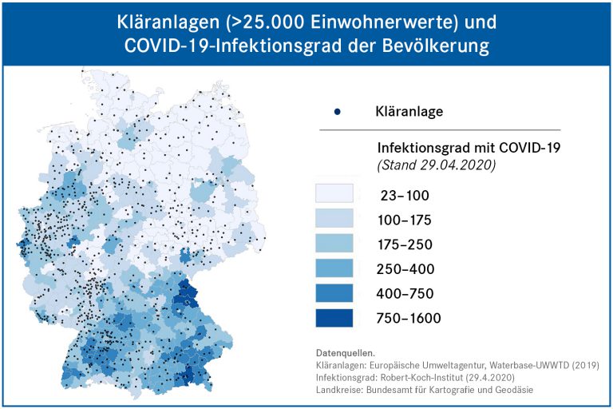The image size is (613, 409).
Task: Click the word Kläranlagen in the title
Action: click(166, 19)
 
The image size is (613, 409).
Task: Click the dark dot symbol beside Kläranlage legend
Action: click(337, 112)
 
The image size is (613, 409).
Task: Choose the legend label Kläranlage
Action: click(409, 112)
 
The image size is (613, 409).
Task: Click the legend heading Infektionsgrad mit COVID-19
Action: click(469, 148)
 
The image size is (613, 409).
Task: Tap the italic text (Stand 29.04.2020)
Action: click(436, 165)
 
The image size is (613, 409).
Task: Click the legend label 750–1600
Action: click(408, 318)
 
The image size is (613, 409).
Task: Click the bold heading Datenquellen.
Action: click(346, 352)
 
